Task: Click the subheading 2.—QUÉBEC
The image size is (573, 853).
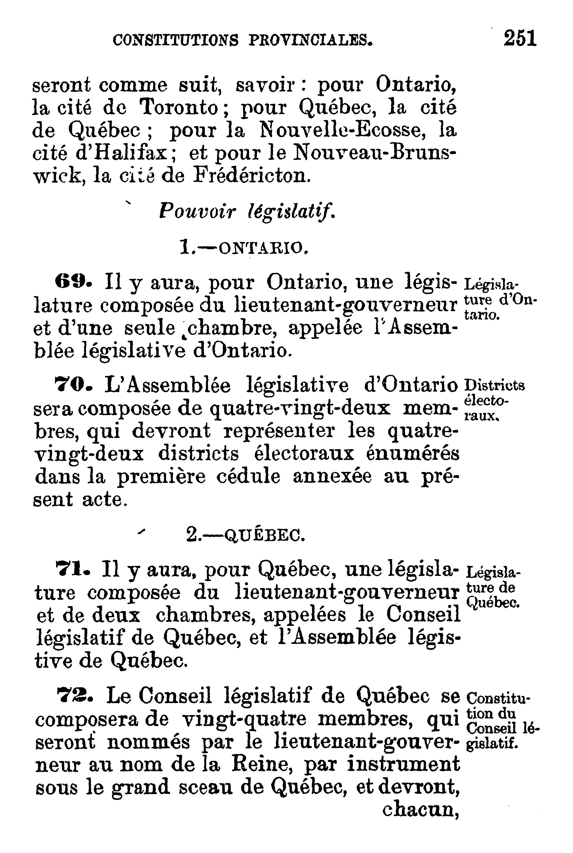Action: click(245, 536)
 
